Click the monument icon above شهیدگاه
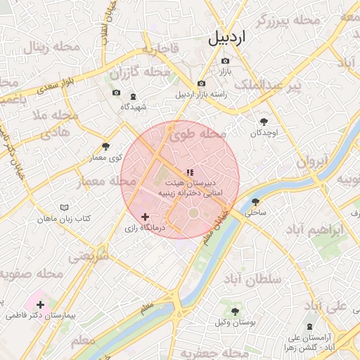point(134,96)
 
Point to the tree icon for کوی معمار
point(105,146)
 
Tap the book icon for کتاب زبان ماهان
point(65,208)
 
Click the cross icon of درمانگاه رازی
point(146,217)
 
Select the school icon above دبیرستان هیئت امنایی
point(189,172)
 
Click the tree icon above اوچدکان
point(264,122)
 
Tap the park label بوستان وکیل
point(232,322)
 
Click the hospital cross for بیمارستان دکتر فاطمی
point(39,304)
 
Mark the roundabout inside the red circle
point(193,212)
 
